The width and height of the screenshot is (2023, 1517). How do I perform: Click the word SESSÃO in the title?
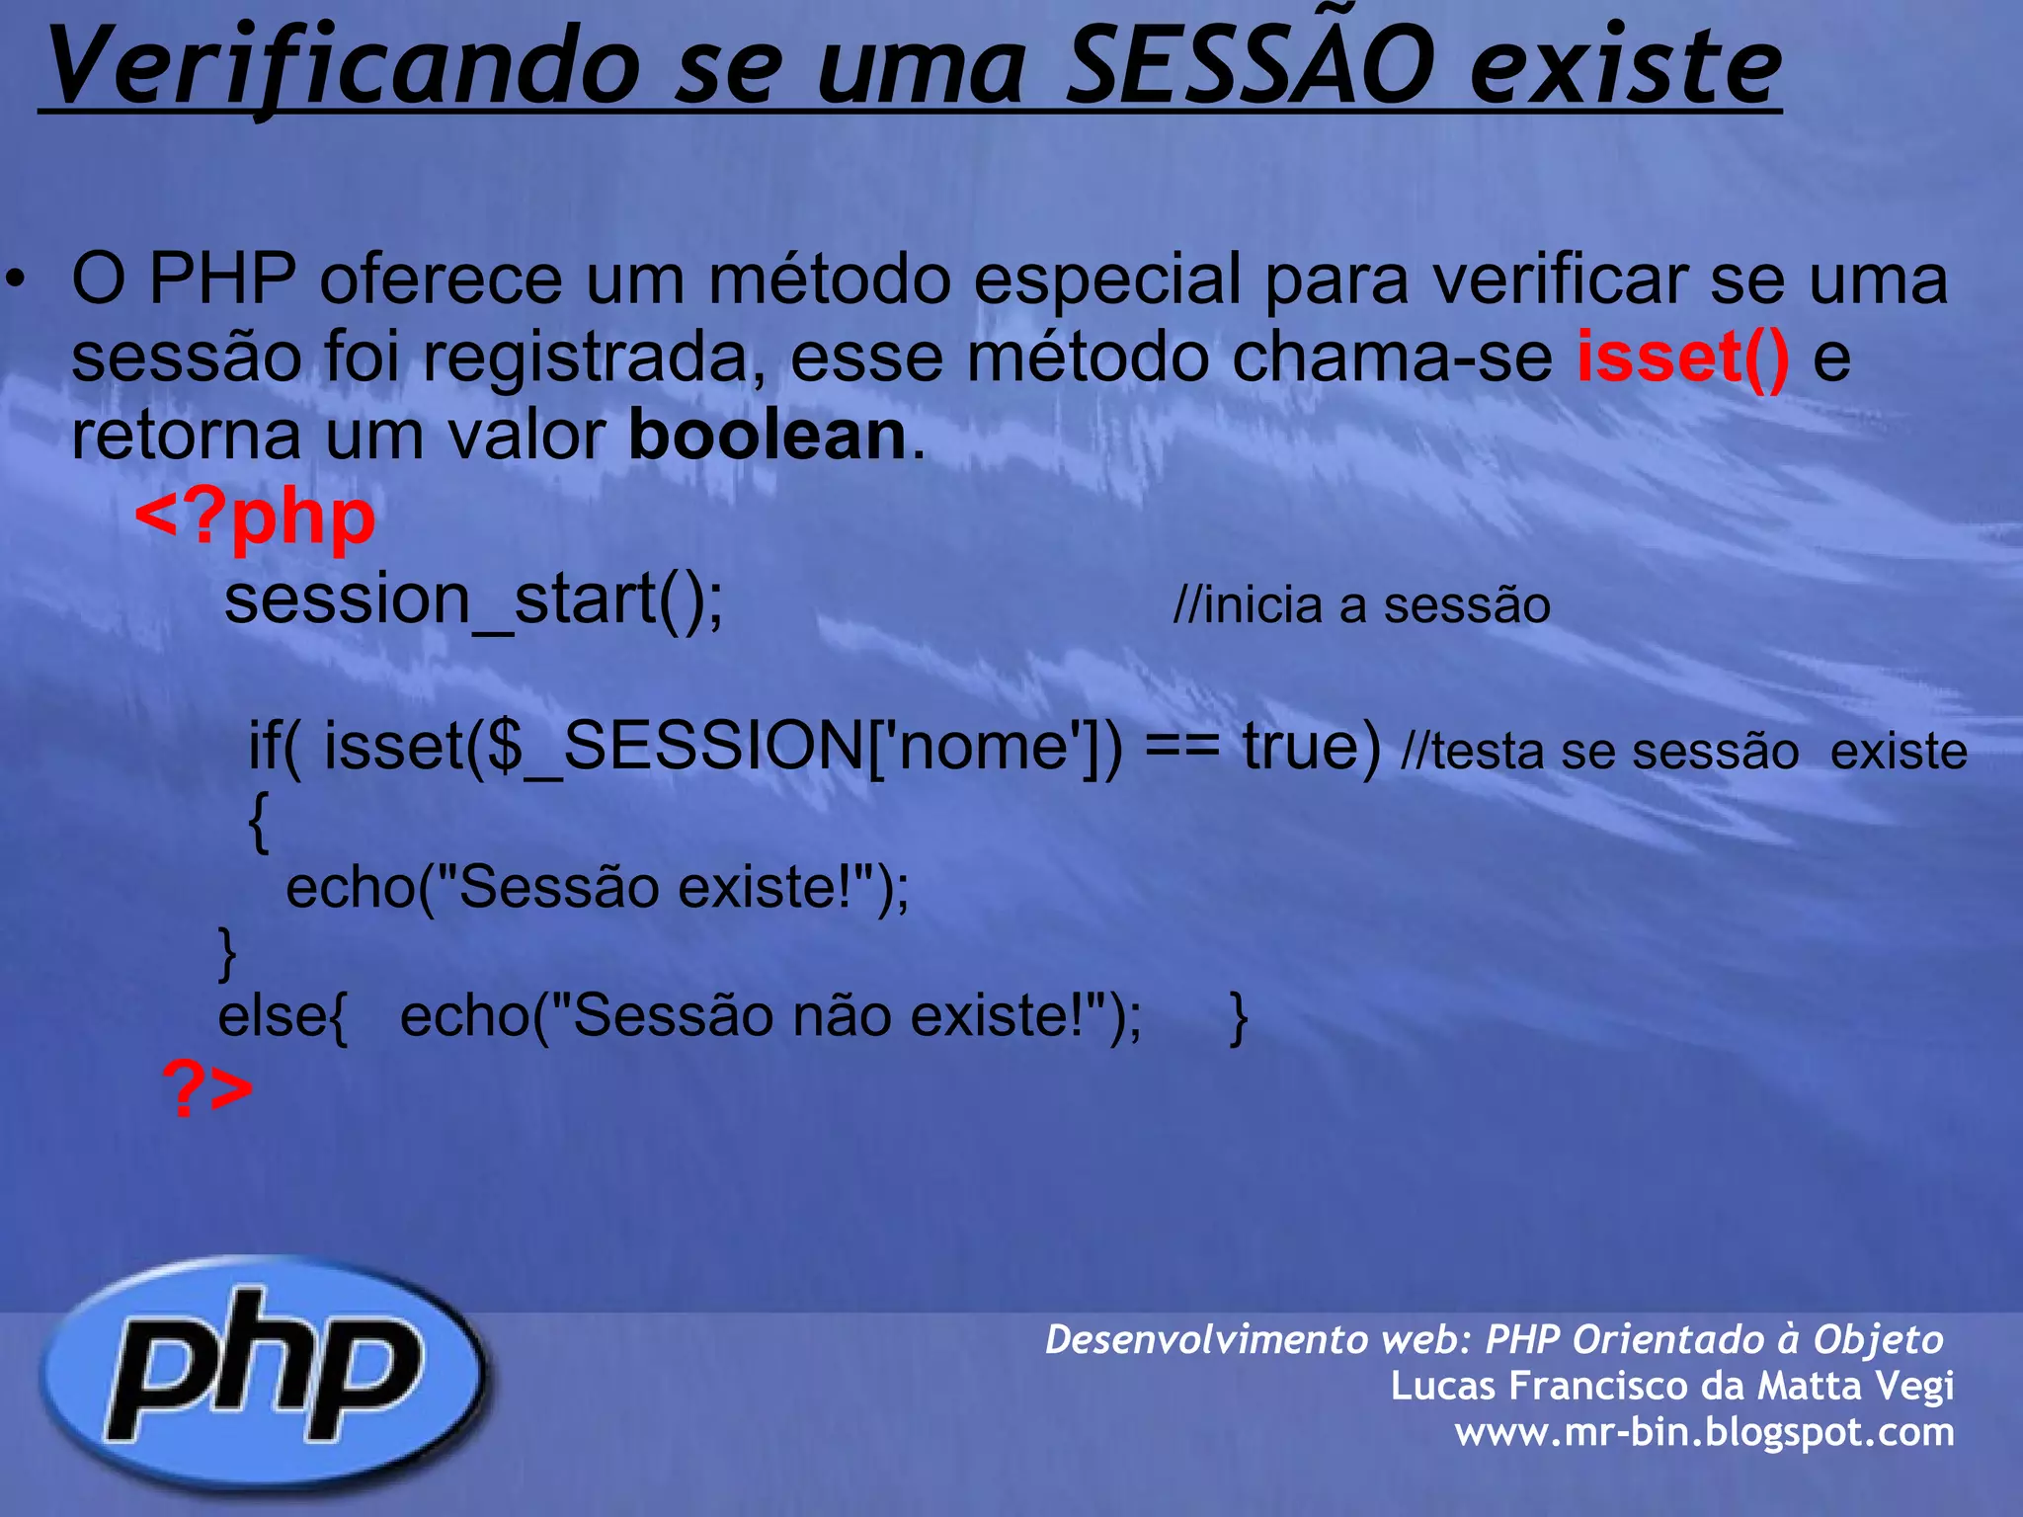[1251, 67]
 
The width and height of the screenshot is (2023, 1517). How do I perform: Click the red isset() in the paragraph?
[1682, 357]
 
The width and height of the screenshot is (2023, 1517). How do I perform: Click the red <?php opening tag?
[255, 517]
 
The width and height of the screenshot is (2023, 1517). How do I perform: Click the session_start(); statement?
[474, 599]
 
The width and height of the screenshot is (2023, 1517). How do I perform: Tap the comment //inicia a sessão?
[1361, 604]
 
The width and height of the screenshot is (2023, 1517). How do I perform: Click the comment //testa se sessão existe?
[1683, 751]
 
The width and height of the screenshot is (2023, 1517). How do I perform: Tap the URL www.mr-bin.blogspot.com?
[1704, 1431]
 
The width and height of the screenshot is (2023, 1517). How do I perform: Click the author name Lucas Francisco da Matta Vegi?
[1671, 1385]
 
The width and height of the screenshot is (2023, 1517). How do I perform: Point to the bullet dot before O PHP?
[14, 279]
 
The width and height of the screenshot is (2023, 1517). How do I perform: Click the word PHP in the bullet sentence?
[222, 279]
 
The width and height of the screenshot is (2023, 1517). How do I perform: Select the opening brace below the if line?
[258, 822]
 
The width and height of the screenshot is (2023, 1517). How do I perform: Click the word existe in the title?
[1625, 67]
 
